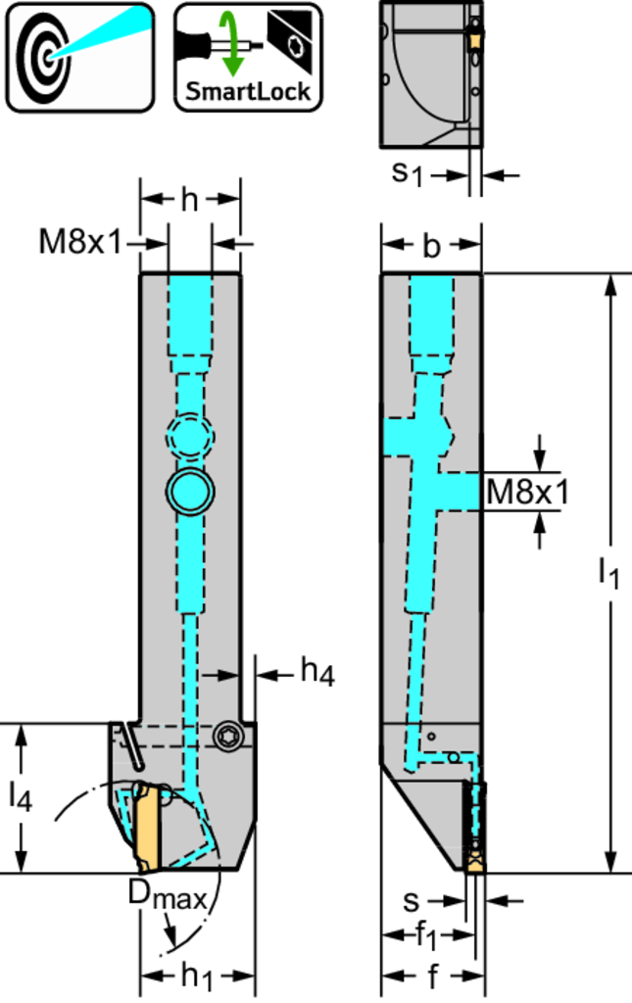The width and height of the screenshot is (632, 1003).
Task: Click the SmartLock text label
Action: tap(248, 90)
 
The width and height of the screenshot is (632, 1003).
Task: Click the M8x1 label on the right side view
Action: tap(527, 492)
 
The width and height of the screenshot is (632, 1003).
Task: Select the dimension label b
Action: tap(431, 248)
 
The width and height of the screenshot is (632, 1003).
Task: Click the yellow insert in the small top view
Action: tap(475, 39)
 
